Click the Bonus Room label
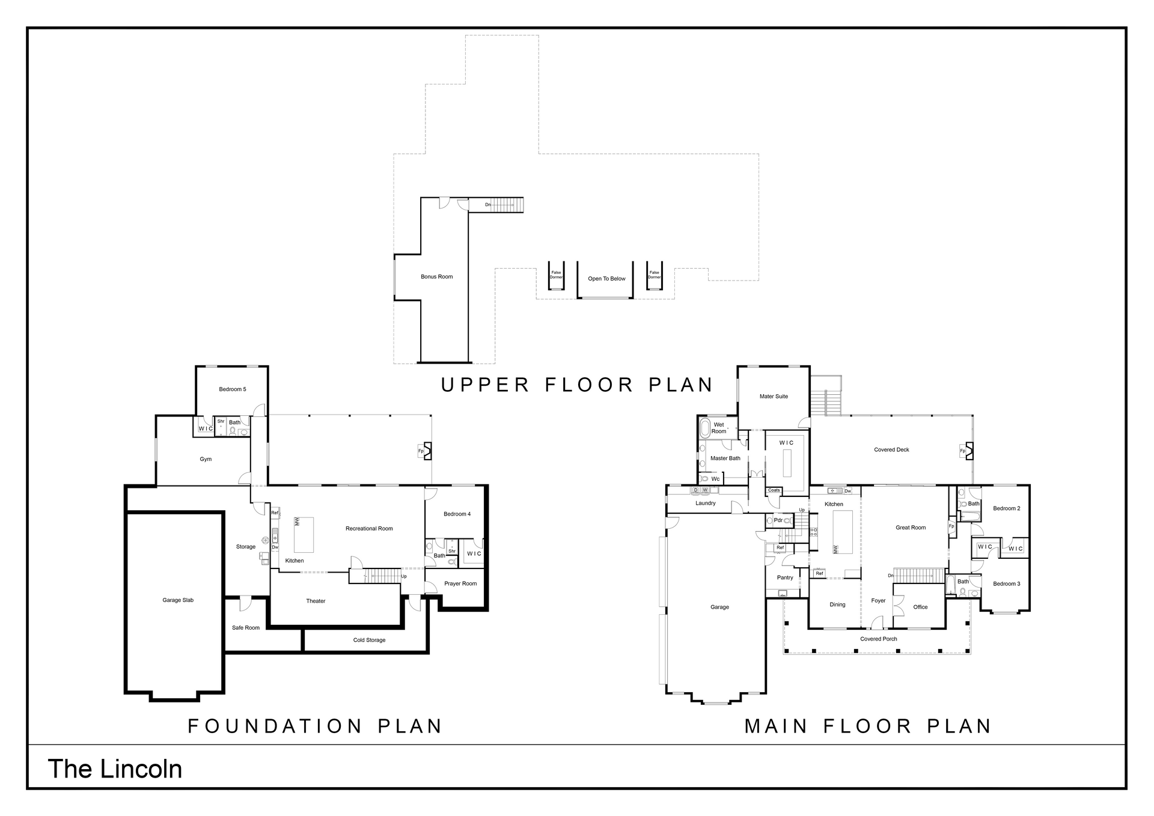(x=436, y=277)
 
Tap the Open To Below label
(x=606, y=279)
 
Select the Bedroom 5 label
(x=232, y=389)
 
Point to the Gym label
(x=206, y=459)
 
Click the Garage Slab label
(x=178, y=600)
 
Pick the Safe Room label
(x=246, y=628)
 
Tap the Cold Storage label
(x=369, y=640)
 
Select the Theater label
(x=316, y=601)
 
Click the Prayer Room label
(x=460, y=583)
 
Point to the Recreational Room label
(x=369, y=529)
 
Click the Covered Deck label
(x=891, y=449)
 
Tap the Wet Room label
(x=719, y=428)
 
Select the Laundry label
(x=705, y=503)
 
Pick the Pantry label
(x=785, y=577)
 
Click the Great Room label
(x=911, y=528)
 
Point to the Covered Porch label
(x=878, y=639)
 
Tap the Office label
(x=920, y=607)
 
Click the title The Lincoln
(x=115, y=769)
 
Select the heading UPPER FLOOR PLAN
(x=577, y=385)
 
